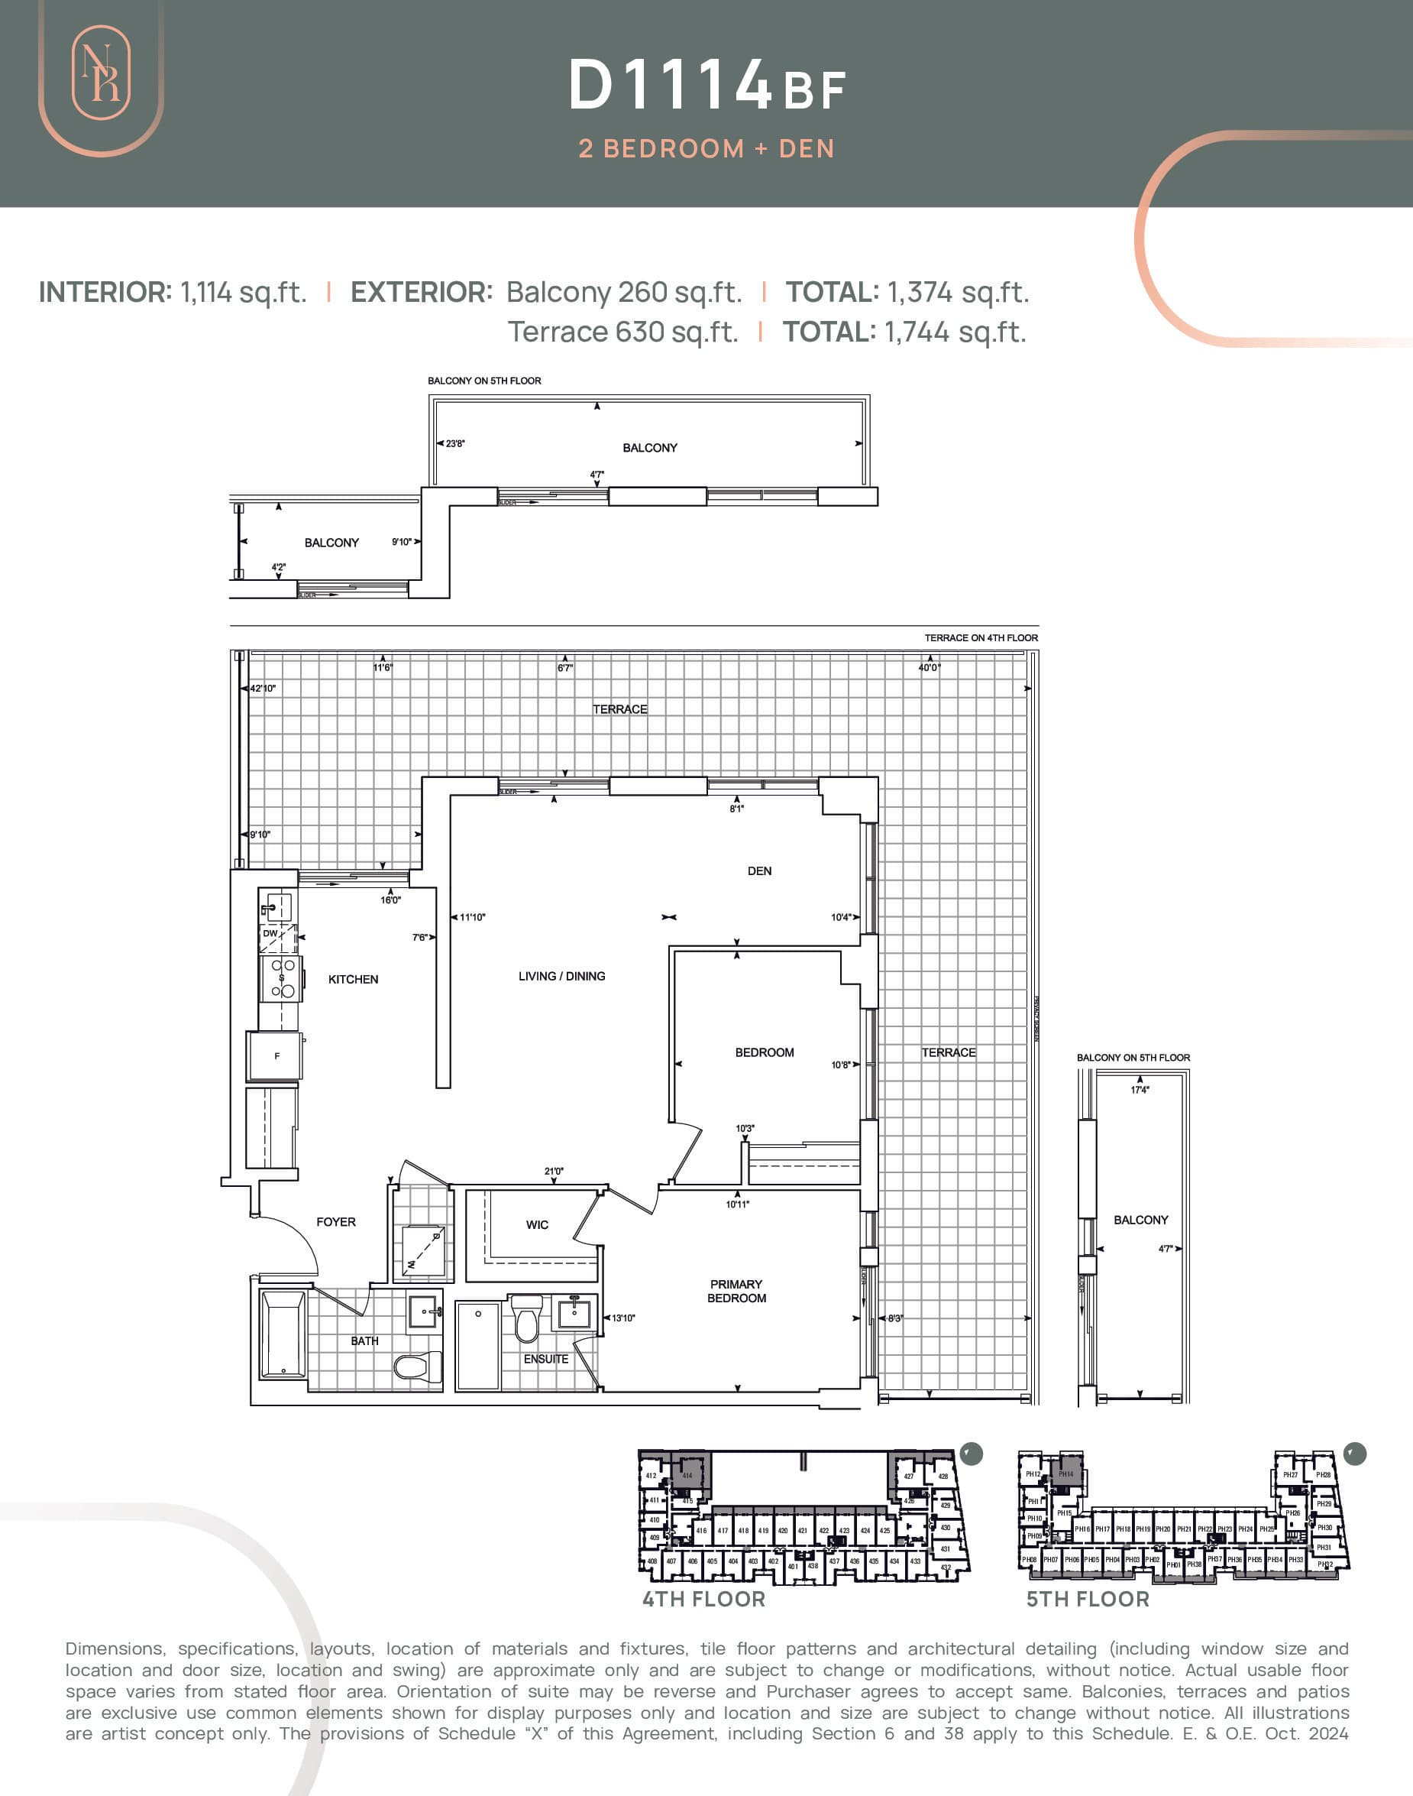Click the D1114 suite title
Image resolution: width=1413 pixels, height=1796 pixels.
tap(670, 86)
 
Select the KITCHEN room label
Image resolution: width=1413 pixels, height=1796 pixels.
tap(353, 979)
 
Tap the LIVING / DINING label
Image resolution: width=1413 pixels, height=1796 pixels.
tap(561, 976)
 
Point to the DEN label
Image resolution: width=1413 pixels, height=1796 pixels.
tap(758, 870)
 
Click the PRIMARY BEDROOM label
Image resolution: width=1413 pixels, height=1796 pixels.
tap(736, 1290)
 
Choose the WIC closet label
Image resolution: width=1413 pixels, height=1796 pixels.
tap(537, 1224)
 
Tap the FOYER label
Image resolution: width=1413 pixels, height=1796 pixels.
tap(336, 1221)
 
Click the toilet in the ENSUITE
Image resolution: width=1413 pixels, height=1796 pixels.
tap(527, 1319)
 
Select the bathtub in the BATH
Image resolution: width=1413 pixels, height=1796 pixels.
tap(283, 1335)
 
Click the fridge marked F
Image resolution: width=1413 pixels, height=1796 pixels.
tap(276, 1056)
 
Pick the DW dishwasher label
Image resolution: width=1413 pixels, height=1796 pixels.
tap(270, 932)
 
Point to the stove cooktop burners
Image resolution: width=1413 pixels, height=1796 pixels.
tap(283, 977)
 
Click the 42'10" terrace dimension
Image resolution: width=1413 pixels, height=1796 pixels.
tap(263, 688)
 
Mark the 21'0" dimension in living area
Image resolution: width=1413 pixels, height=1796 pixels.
tap(554, 1170)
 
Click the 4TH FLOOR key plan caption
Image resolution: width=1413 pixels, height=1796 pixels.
tap(704, 1598)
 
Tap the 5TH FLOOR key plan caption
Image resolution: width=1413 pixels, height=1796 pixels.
tap(1088, 1598)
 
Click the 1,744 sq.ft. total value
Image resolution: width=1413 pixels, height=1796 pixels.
tap(955, 332)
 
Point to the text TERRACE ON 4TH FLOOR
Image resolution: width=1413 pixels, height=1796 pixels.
tap(981, 637)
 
